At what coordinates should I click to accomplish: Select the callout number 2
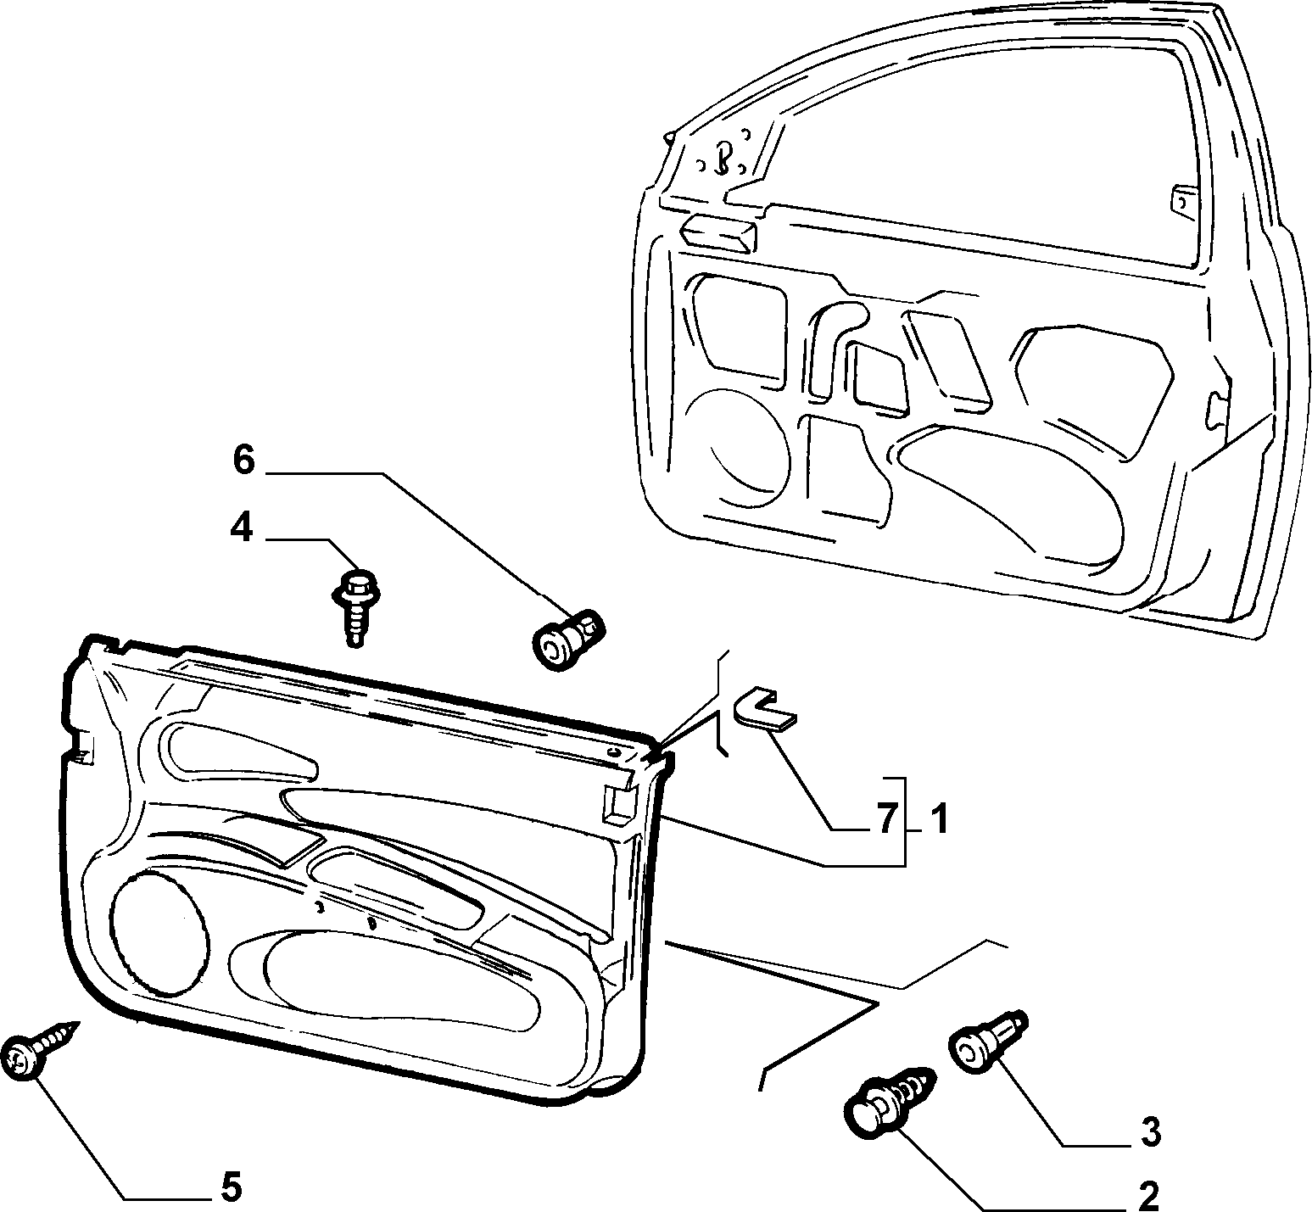pos(1147,1196)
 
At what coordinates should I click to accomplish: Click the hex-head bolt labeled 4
pos(355,606)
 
